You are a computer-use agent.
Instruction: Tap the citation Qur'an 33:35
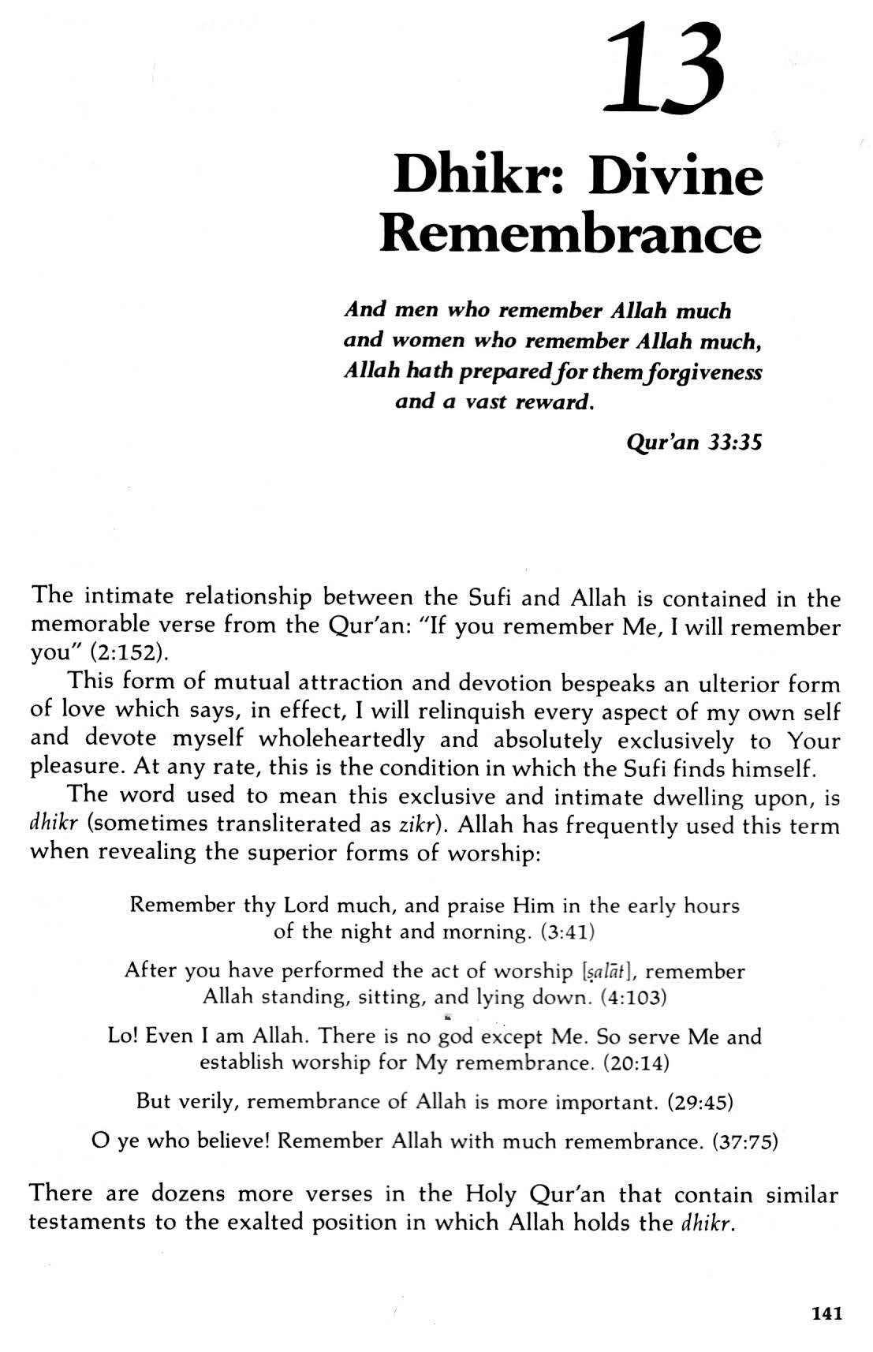(x=694, y=442)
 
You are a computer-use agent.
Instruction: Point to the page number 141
(x=826, y=1313)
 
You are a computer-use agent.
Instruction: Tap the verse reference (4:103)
(x=634, y=997)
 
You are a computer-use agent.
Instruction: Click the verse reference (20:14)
(x=636, y=1063)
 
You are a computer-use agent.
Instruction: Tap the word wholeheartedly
(x=341, y=740)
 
